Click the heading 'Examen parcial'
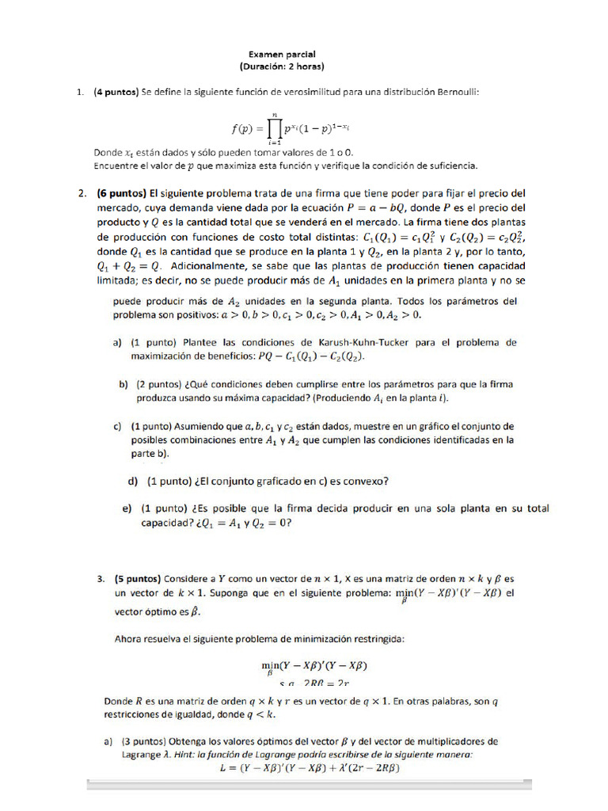283,54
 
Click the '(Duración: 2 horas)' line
282,66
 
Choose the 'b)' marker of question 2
123,384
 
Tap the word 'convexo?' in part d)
362,481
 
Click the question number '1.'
81,92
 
